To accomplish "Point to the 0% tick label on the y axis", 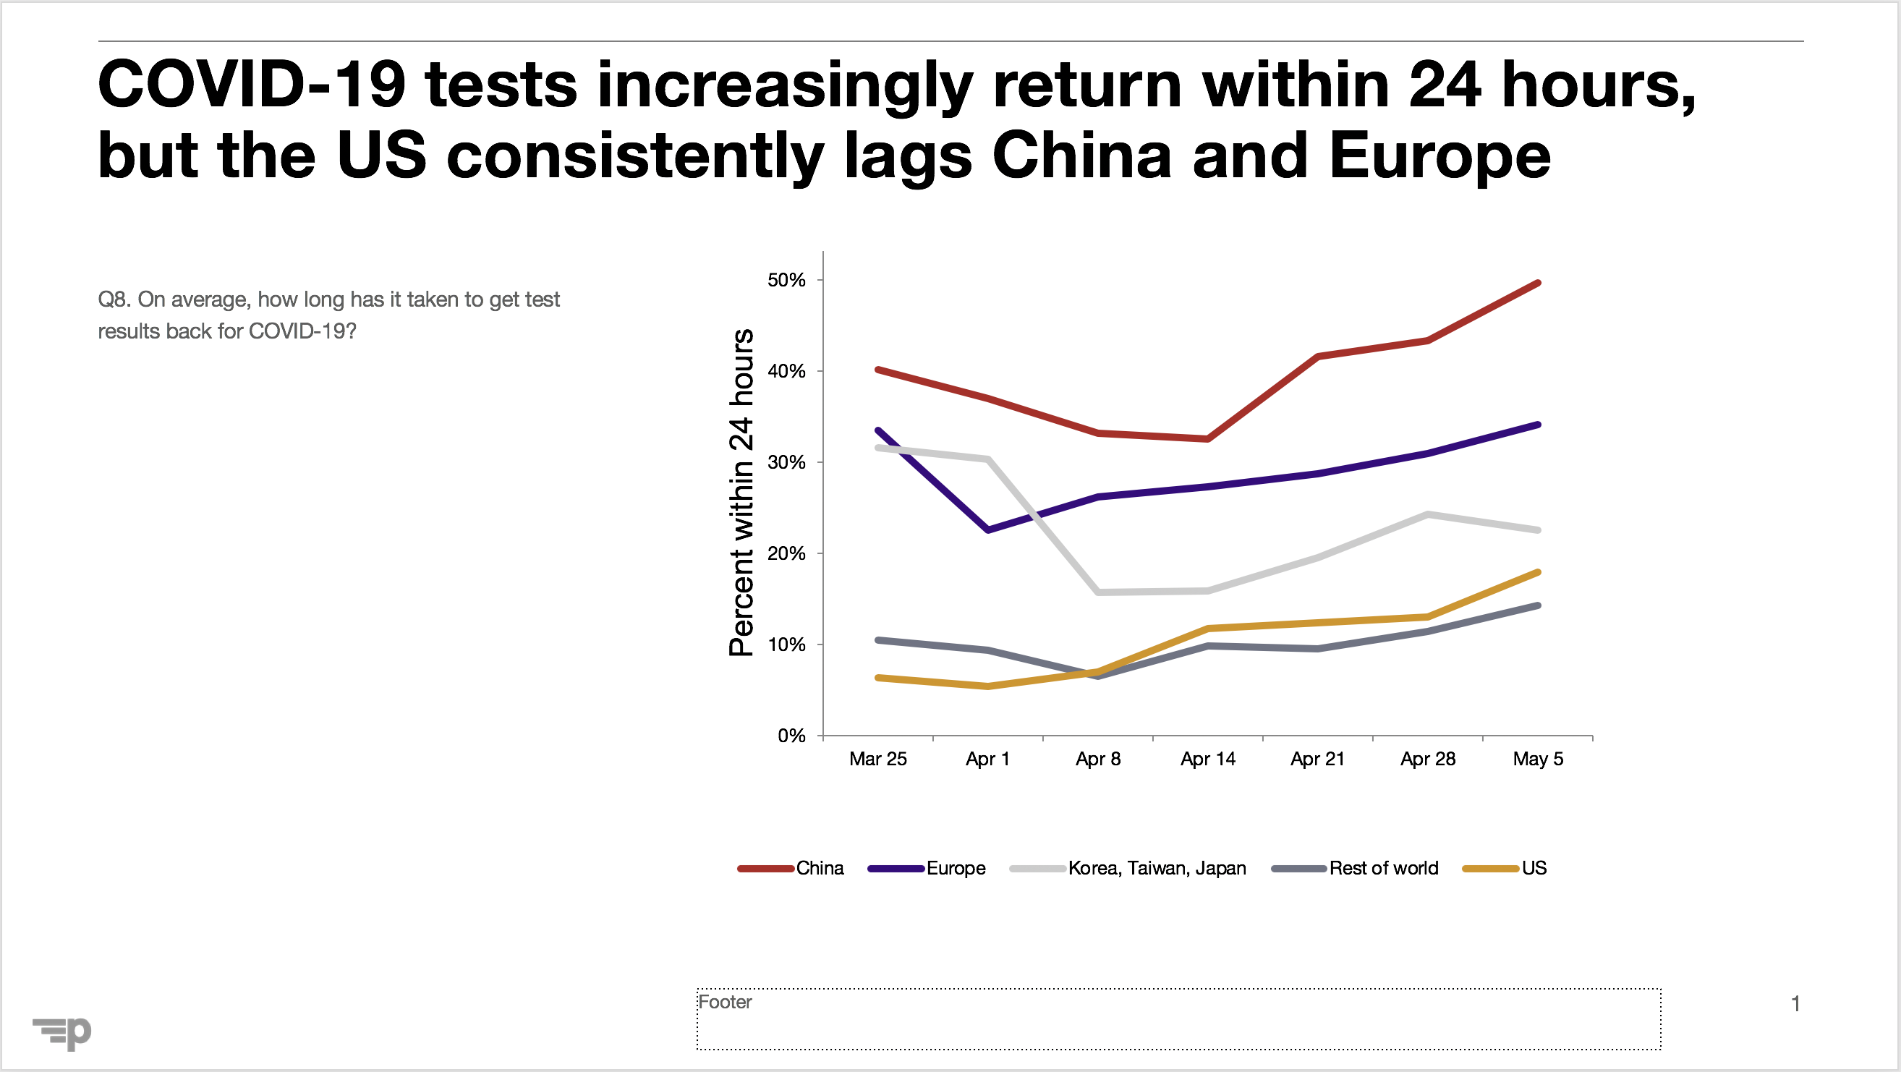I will pyautogui.click(x=791, y=736).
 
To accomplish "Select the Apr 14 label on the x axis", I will pyautogui.click(x=1207, y=760).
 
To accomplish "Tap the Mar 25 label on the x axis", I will pyautogui.click(x=877, y=760).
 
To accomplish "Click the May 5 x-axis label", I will pyautogui.click(x=1538, y=760).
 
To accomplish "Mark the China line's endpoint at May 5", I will pyautogui.click(x=1538, y=284).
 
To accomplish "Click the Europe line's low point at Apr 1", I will pyautogui.click(x=988, y=529).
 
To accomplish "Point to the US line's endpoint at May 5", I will pyautogui.click(x=1538, y=572).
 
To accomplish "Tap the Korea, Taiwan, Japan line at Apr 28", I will pyautogui.click(x=1428, y=514).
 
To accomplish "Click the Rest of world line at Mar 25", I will pyautogui.click(x=878, y=639).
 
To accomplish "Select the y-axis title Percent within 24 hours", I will pyautogui.click(x=741, y=492).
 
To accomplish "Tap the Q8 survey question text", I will pyautogui.click(x=328, y=315).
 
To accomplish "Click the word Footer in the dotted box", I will pyautogui.click(x=725, y=1002).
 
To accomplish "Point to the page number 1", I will pyautogui.click(x=1795, y=1003).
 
